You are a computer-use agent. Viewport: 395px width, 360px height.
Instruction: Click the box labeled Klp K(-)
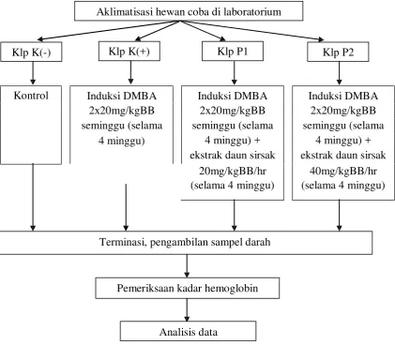pyautogui.click(x=31, y=52)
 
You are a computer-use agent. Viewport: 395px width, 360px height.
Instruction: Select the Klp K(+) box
pyautogui.click(x=129, y=51)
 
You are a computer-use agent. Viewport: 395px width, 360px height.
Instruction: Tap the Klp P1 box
pyautogui.click(x=233, y=51)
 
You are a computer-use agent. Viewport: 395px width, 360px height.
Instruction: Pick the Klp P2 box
pyautogui.click(x=338, y=52)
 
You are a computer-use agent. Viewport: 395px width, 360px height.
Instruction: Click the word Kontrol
pyautogui.click(x=31, y=96)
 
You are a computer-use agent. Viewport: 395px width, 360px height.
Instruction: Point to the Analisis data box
pyautogui.click(x=188, y=331)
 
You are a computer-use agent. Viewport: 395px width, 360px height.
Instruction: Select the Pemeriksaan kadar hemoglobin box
pyautogui.click(x=188, y=288)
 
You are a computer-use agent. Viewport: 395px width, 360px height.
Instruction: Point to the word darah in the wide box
pyautogui.click(x=258, y=242)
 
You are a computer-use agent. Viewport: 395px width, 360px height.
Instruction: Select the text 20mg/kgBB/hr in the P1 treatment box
pyautogui.click(x=233, y=171)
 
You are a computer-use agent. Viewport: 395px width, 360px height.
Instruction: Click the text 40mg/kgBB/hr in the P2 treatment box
pyautogui.click(x=343, y=171)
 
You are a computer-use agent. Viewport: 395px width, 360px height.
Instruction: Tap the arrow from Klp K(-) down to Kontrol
pyautogui.click(x=33, y=73)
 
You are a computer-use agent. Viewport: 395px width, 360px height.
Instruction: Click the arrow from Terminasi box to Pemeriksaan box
pyautogui.click(x=187, y=266)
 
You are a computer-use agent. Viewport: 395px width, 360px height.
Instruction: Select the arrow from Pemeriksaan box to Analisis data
pyautogui.click(x=187, y=310)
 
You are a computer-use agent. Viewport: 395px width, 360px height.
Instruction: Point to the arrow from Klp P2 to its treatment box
pyautogui.click(x=340, y=73)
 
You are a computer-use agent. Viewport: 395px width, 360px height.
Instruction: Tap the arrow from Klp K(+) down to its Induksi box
pyautogui.click(x=130, y=72)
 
